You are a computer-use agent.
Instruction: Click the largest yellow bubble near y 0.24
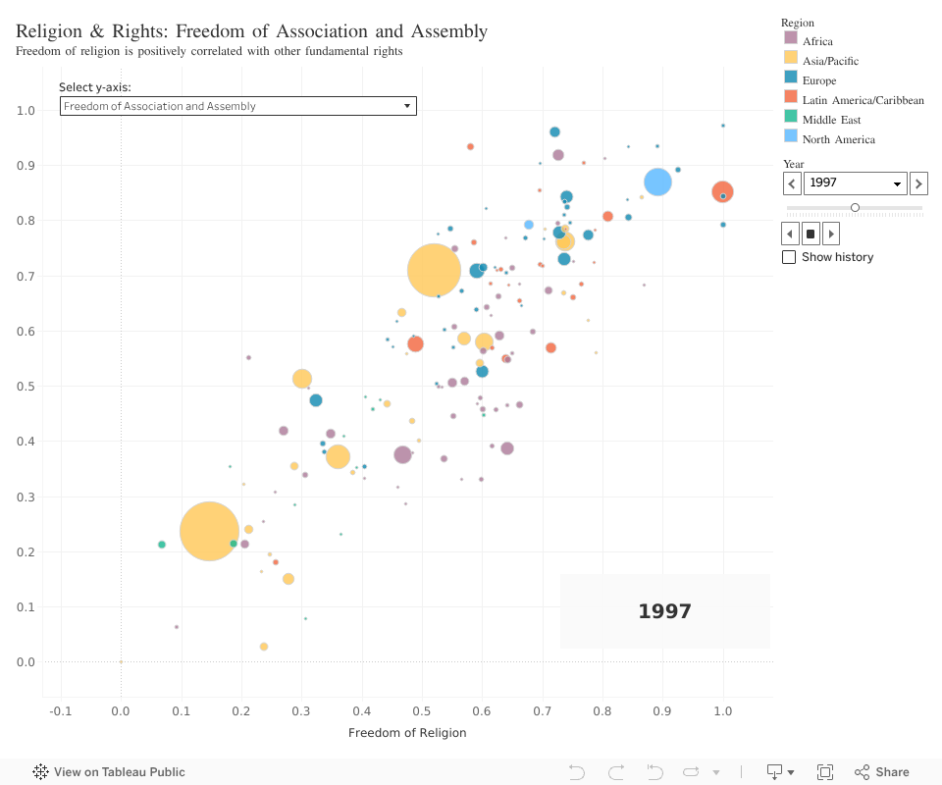[209, 531]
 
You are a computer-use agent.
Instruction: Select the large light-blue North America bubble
[657, 182]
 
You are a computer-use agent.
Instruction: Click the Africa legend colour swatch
[790, 38]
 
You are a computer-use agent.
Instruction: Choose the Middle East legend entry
[831, 120]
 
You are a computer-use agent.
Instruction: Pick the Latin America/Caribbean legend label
[863, 100]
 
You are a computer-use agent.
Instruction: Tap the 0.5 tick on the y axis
[26, 387]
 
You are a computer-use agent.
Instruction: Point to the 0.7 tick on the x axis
[542, 711]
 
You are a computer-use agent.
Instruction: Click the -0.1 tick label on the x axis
[61, 711]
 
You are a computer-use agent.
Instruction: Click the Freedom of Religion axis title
[407, 733]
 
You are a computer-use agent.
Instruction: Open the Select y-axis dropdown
[238, 106]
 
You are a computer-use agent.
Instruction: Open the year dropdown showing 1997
[855, 183]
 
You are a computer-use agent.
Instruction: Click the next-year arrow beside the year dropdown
[918, 183]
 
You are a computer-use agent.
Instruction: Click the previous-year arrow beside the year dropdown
[792, 183]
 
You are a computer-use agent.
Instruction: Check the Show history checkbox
[789, 257]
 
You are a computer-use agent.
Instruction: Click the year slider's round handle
[855, 208]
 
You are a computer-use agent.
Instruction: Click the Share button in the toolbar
[881, 772]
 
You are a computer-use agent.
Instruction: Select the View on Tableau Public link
[109, 772]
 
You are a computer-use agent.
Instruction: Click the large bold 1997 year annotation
[664, 611]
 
